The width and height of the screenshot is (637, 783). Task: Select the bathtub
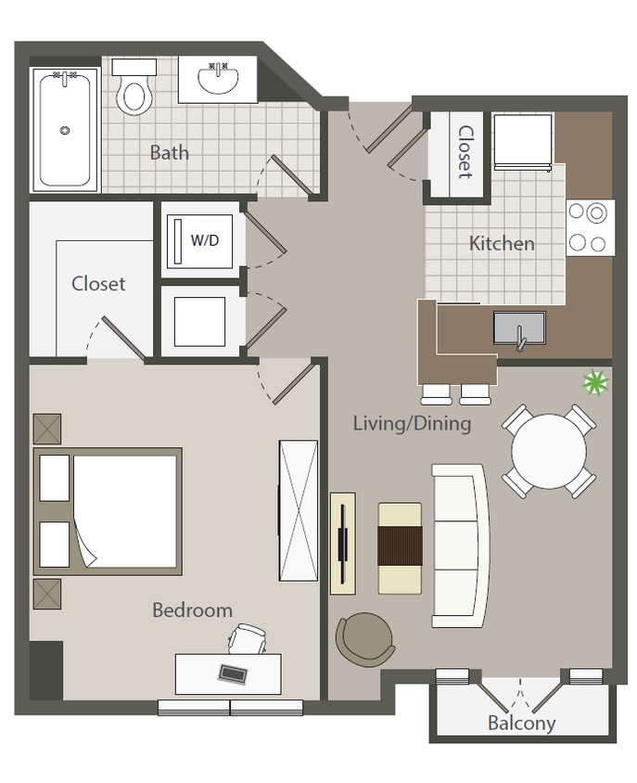click(x=65, y=130)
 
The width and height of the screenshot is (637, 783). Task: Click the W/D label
click(x=205, y=240)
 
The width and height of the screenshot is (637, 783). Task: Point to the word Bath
click(x=169, y=152)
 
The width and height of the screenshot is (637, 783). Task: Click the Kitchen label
click(x=502, y=244)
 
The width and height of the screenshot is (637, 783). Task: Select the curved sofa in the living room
click(x=460, y=545)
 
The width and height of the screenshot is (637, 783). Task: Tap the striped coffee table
click(x=400, y=547)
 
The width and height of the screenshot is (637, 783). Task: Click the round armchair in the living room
click(x=364, y=637)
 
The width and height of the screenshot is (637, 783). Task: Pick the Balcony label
click(x=522, y=724)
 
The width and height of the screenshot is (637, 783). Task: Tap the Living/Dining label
click(x=412, y=424)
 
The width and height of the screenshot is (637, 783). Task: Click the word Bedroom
click(x=192, y=610)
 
